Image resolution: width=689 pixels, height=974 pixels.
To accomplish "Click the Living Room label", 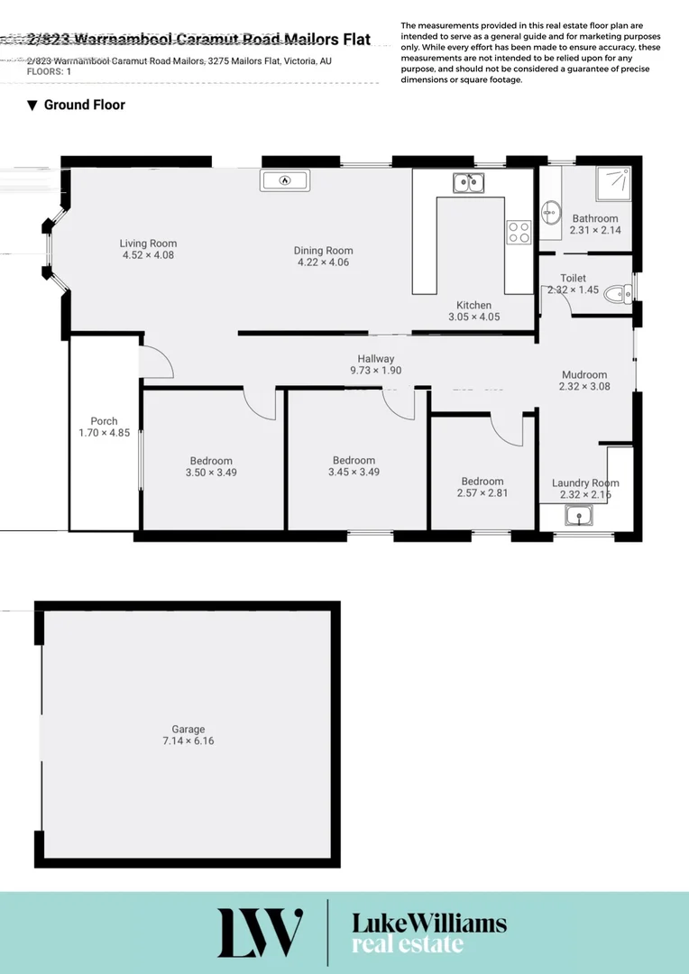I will coord(148,243).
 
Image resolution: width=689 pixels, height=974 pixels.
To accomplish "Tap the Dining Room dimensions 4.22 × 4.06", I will coord(323,262).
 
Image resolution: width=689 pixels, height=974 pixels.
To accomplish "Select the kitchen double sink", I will coord(468,183).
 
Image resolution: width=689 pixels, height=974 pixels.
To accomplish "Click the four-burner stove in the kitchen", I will coord(519,232).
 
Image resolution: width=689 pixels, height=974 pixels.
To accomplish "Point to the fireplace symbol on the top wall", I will coord(285,180).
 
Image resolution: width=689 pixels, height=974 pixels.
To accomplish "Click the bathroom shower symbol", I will coord(612,184).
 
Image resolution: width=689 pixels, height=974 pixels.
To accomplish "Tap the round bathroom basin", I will coord(550,214).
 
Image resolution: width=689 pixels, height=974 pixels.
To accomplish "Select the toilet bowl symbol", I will coord(619,293).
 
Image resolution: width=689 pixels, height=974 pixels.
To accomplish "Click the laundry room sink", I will coord(577,516).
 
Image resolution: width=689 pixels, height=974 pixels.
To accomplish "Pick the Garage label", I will coord(188,730).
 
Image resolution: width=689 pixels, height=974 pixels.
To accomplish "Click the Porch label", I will coord(104,421).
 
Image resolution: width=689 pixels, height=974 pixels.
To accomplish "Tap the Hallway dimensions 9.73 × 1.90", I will coord(375,371).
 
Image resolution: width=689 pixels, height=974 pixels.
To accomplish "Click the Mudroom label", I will coord(584,375).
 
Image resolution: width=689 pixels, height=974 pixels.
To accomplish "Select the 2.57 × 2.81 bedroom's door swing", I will coord(508,429).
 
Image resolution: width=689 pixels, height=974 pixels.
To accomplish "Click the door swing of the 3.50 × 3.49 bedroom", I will coord(261,404).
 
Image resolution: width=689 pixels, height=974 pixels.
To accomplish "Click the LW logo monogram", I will coord(260,933).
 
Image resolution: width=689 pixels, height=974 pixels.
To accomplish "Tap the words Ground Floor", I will coord(85,105).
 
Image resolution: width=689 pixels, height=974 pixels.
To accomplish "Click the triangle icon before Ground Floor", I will coord(32,106).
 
